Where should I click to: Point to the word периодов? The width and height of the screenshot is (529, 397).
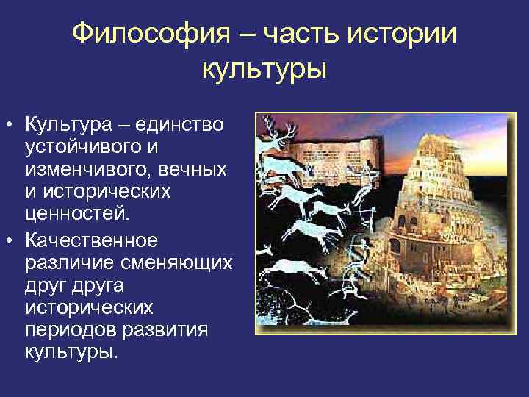tap(68, 329)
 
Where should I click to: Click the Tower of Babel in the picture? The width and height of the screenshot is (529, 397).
tap(441, 221)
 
